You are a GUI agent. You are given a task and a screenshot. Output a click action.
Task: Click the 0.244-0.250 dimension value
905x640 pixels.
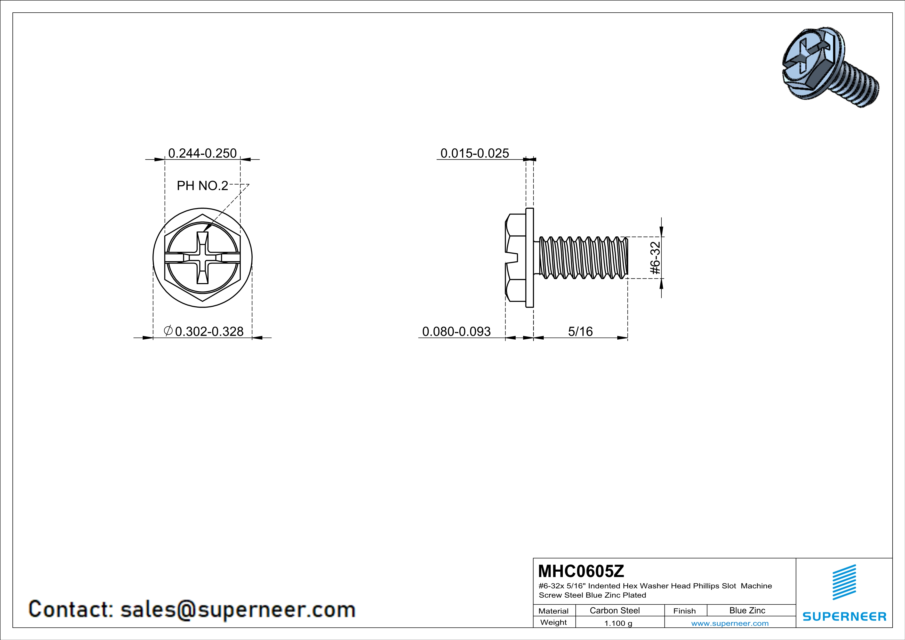tap(202, 153)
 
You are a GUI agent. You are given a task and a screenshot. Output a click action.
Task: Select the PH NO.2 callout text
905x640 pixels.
tap(202, 186)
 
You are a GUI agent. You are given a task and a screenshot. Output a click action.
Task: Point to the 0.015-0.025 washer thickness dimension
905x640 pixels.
tap(475, 153)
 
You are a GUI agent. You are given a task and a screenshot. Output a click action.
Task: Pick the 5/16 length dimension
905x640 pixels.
tap(580, 331)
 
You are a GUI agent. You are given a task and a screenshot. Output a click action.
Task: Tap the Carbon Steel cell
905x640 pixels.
tap(614, 610)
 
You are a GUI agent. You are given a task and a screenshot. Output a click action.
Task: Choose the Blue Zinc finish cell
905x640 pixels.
tap(747, 610)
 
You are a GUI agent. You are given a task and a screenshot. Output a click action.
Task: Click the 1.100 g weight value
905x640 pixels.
tap(618, 623)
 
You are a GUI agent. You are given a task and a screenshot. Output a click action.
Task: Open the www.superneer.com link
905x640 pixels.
tap(730, 623)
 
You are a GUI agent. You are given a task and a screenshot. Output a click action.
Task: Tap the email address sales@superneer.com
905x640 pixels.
tap(238, 609)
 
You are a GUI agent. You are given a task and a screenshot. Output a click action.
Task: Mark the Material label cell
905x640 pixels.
tap(554, 611)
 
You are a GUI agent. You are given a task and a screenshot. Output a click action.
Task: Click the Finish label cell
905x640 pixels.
tap(684, 611)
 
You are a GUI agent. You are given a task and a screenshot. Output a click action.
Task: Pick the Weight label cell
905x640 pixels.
tap(554, 622)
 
